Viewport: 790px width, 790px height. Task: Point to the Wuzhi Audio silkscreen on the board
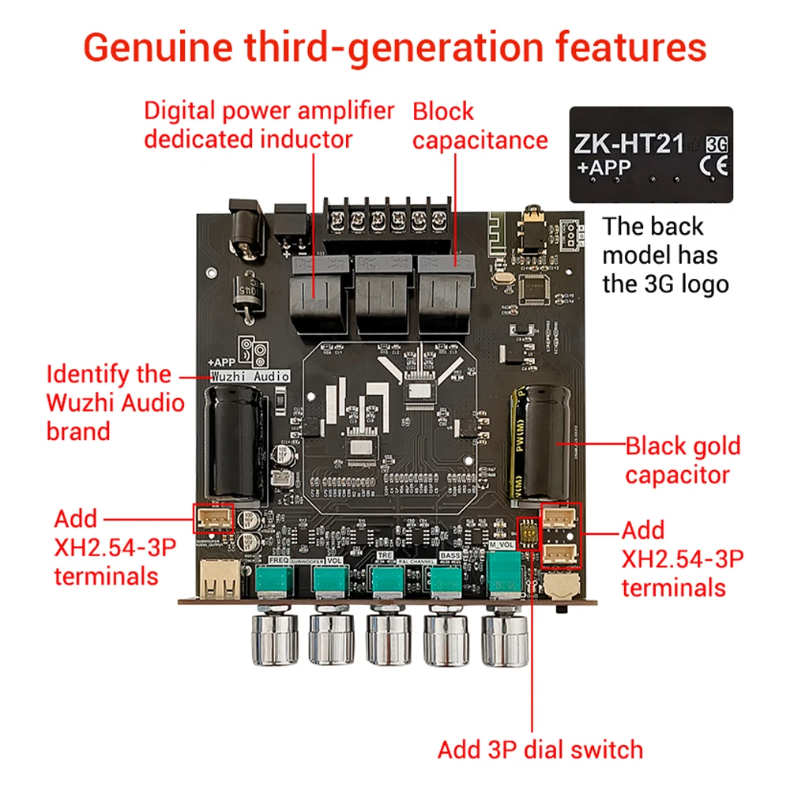(x=250, y=377)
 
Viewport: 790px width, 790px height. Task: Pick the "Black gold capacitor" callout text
(x=683, y=461)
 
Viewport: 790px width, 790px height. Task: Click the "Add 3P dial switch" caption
(x=540, y=749)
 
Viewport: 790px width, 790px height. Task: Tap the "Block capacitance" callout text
(x=480, y=126)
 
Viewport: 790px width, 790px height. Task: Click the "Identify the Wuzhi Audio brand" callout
(x=115, y=402)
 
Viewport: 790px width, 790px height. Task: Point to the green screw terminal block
(x=386, y=218)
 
